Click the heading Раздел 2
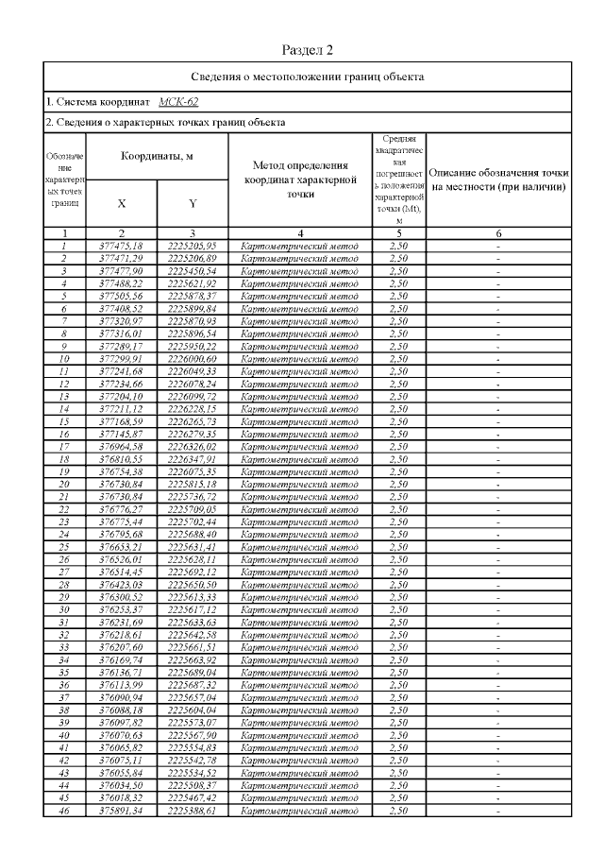pyautogui.click(x=308, y=49)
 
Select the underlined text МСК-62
pyautogui.click(x=178, y=101)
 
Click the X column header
pyautogui.click(x=122, y=203)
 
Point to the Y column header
pyautogui.click(x=193, y=203)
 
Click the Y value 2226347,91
pyautogui.click(x=193, y=458)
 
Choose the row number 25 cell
pyautogui.click(x=64, y=546)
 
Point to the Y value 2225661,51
pyautogui.click(x=193, y=647)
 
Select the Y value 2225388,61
pyautogui.click(x=193, y=810)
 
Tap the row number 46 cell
pyautogui.click(x=64, y=810)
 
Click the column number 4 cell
pyautogui.click(x=299, y=232)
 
